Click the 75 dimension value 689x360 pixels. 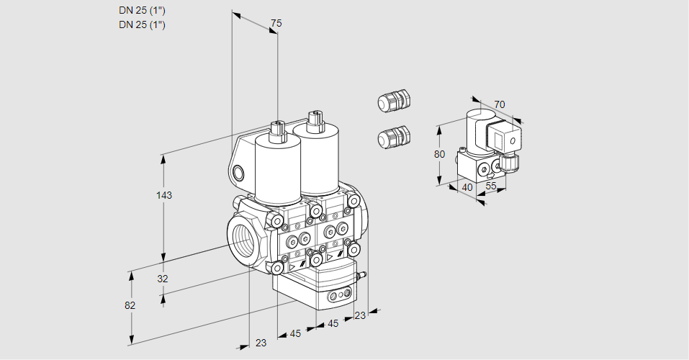[x=276, y=24]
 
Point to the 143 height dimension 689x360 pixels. [x=166, y=195]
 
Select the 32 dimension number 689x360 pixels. [x=163, y=279]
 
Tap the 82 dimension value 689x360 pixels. [x=130, y=305]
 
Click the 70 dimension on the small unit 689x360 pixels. [x=500, y=105]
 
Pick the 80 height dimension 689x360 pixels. [x=441, y=154]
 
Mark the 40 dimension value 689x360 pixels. [x=467, y=187]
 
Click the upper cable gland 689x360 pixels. [x=393, y=100]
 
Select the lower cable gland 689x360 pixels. [x=393, y=136]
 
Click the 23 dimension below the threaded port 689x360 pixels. [x=261, y=343]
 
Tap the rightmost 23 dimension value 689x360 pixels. [x=361, y=315]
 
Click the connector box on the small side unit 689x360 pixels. [x=501, y=138]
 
